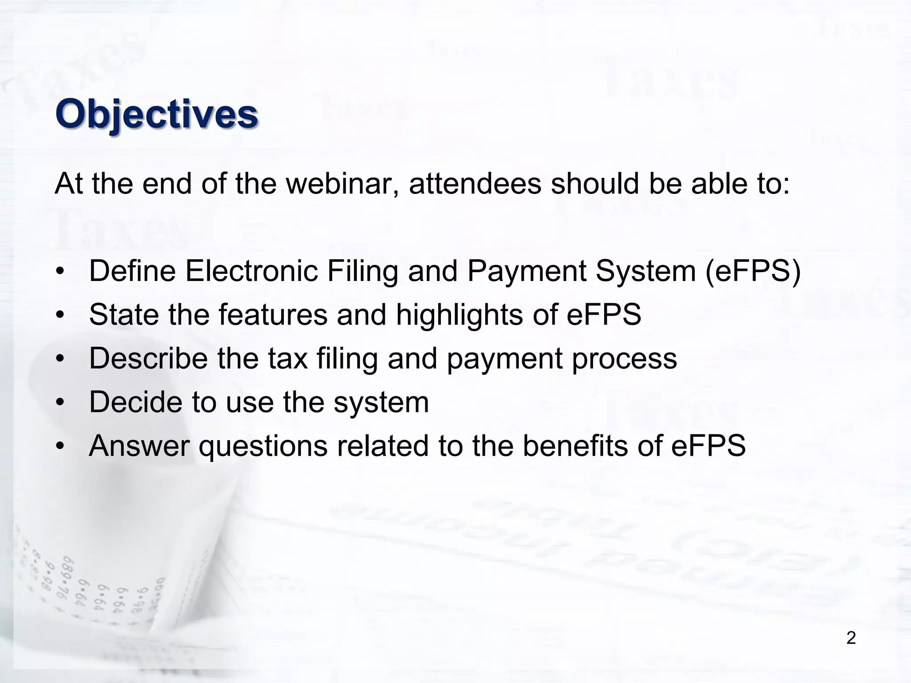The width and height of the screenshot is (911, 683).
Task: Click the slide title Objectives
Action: [x=157, y=114]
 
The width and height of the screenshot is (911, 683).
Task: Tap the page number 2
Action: [x=851, y=638]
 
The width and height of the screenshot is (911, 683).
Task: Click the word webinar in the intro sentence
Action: [x=342, y=183]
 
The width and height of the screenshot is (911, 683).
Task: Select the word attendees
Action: [x=475, y=183]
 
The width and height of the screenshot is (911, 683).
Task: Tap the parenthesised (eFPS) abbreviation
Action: [x=753, y=271]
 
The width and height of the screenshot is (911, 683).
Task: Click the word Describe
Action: [x=149, y=358]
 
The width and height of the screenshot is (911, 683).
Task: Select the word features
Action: [x=273, y=314]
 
